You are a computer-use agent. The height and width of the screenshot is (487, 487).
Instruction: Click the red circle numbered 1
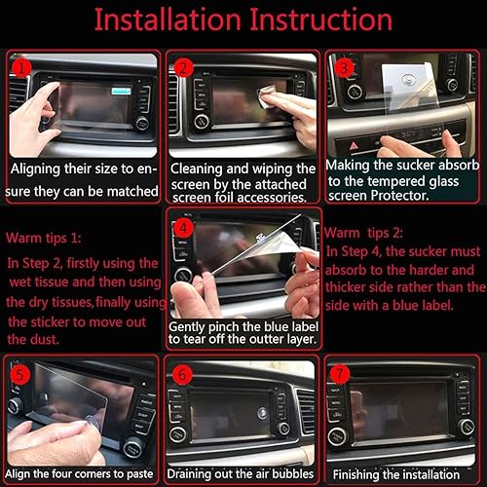[24, 68]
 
